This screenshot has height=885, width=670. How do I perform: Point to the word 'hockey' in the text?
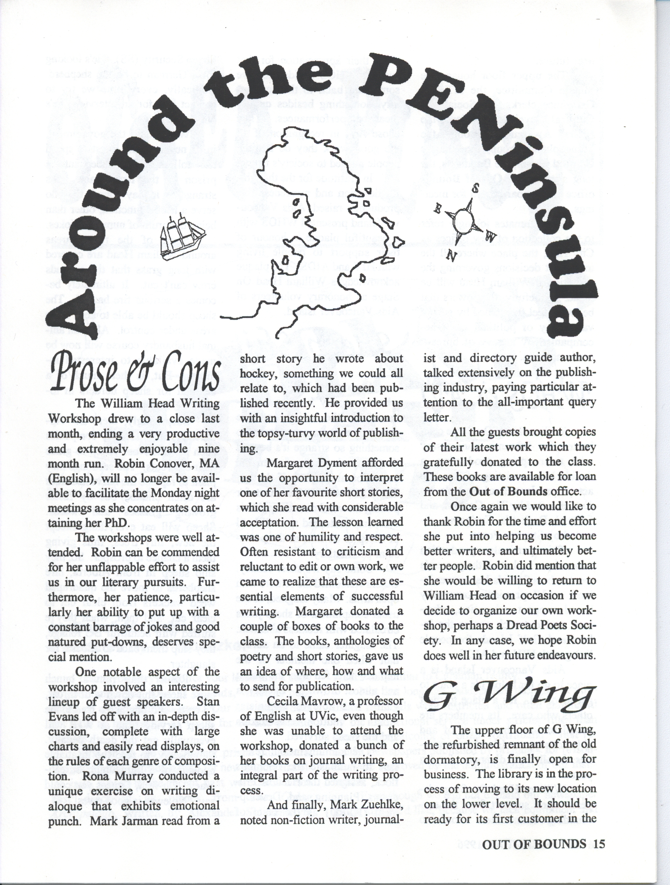(258, 374)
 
